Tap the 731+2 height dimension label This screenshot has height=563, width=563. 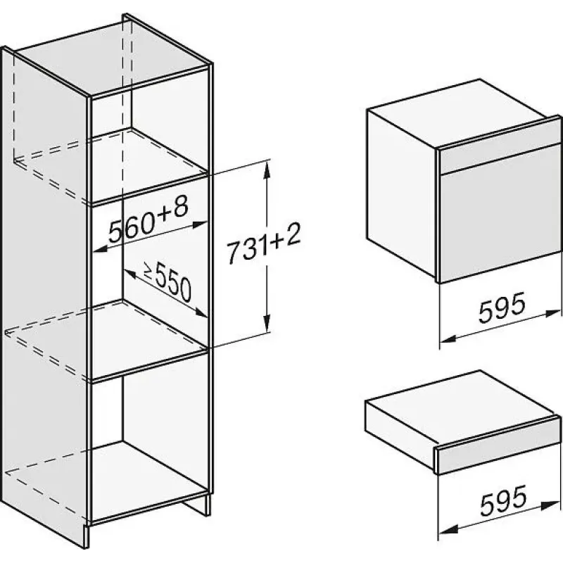tap(264, 243)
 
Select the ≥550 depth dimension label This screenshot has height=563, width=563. tap(167, 282)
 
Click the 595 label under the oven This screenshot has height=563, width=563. tap(502, 308)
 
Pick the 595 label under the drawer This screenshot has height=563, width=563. tap(503, 500)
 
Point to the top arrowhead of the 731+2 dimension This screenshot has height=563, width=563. tap(266, 170)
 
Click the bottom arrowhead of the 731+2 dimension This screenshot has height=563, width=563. tap(266, 324)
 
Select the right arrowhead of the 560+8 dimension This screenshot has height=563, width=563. tap(200, 224)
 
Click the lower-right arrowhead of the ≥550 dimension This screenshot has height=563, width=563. tap(201, 312)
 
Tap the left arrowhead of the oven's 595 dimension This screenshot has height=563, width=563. tap(448, 339)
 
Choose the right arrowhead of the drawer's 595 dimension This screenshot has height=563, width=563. tap(552, 505)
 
